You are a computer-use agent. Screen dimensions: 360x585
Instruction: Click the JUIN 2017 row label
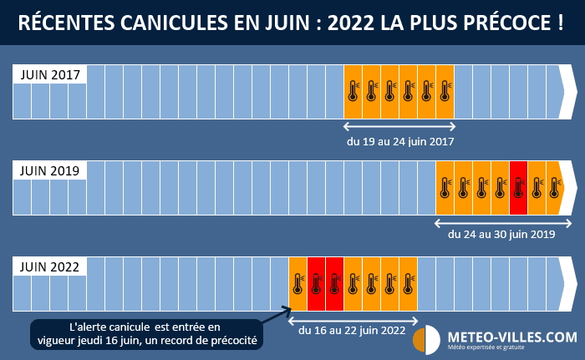(x=49, y=74)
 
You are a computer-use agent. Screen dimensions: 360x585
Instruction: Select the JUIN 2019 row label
(x=49, y=170)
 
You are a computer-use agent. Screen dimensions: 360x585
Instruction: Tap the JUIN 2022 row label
(x=49, y=267)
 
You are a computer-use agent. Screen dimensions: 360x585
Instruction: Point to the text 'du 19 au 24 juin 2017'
(x=400, y=141)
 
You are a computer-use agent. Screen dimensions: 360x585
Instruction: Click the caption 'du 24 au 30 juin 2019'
(x=501, y=235)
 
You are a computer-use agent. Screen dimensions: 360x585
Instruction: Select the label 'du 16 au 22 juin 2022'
(x=352, y=331)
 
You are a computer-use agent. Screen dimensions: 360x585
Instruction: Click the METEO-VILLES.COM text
(x=511, y=336)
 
